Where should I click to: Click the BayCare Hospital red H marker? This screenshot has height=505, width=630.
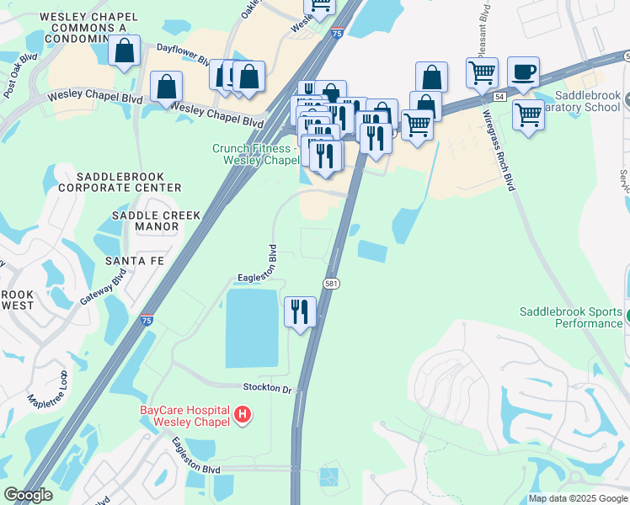point(243,413)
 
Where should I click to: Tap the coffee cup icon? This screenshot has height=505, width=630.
point(523,73)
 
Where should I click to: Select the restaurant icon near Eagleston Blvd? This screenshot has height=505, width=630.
point(301,312)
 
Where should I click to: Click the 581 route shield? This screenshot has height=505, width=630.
point(332,284)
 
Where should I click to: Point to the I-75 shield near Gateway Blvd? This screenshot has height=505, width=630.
point(147,321)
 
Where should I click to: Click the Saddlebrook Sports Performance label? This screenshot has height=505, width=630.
point(570,317)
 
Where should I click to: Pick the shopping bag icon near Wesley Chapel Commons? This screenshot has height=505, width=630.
point(124,51)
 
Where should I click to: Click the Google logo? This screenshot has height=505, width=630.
point(28,495)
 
